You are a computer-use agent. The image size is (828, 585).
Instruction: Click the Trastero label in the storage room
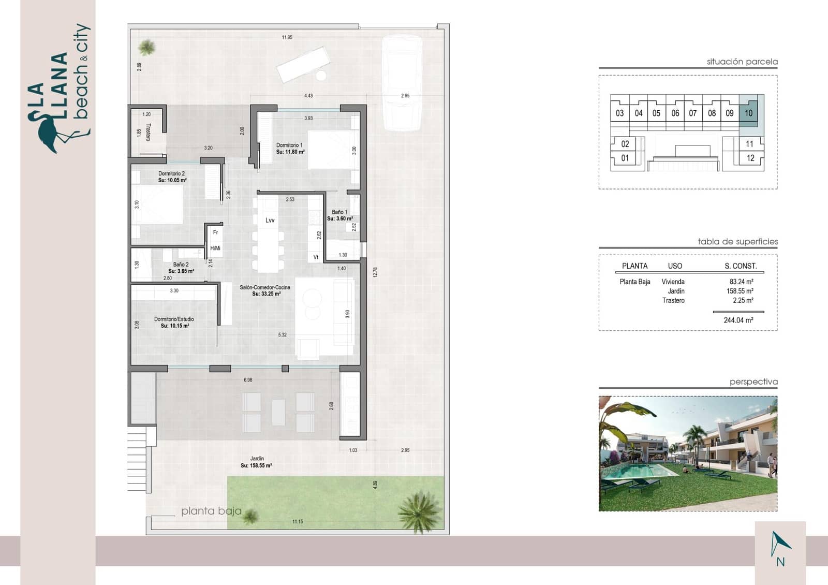click(148, 132)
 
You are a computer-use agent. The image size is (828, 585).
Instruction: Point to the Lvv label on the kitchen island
click(270, 221)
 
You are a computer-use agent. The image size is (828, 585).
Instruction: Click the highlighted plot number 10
click(748, 113)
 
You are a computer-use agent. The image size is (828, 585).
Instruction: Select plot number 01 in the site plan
click(625, 158)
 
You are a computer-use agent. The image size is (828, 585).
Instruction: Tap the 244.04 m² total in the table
click(738, 320)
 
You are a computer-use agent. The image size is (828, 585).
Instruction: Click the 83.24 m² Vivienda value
click(741, 282)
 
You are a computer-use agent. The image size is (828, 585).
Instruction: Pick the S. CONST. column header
click(741, 266)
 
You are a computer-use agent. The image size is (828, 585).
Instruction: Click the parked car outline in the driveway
click(402, 83)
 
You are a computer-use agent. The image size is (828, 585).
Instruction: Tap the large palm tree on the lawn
click(420, 510)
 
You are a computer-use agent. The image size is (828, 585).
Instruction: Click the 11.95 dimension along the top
click(287, 37)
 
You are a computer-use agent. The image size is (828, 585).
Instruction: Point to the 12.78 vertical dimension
click(375, 272)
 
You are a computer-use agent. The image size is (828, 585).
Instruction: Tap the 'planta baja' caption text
click(211, 511)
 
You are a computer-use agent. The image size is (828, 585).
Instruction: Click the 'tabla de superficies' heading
click(737, 242)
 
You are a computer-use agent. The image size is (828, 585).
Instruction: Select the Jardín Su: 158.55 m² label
click(256, 462)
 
